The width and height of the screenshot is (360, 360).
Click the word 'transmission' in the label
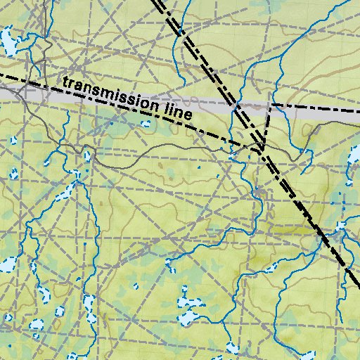click(x=110, y=94)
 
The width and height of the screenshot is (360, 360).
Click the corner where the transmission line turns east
click(x=270, y=105)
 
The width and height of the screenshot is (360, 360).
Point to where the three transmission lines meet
click(x=261, y=147)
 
